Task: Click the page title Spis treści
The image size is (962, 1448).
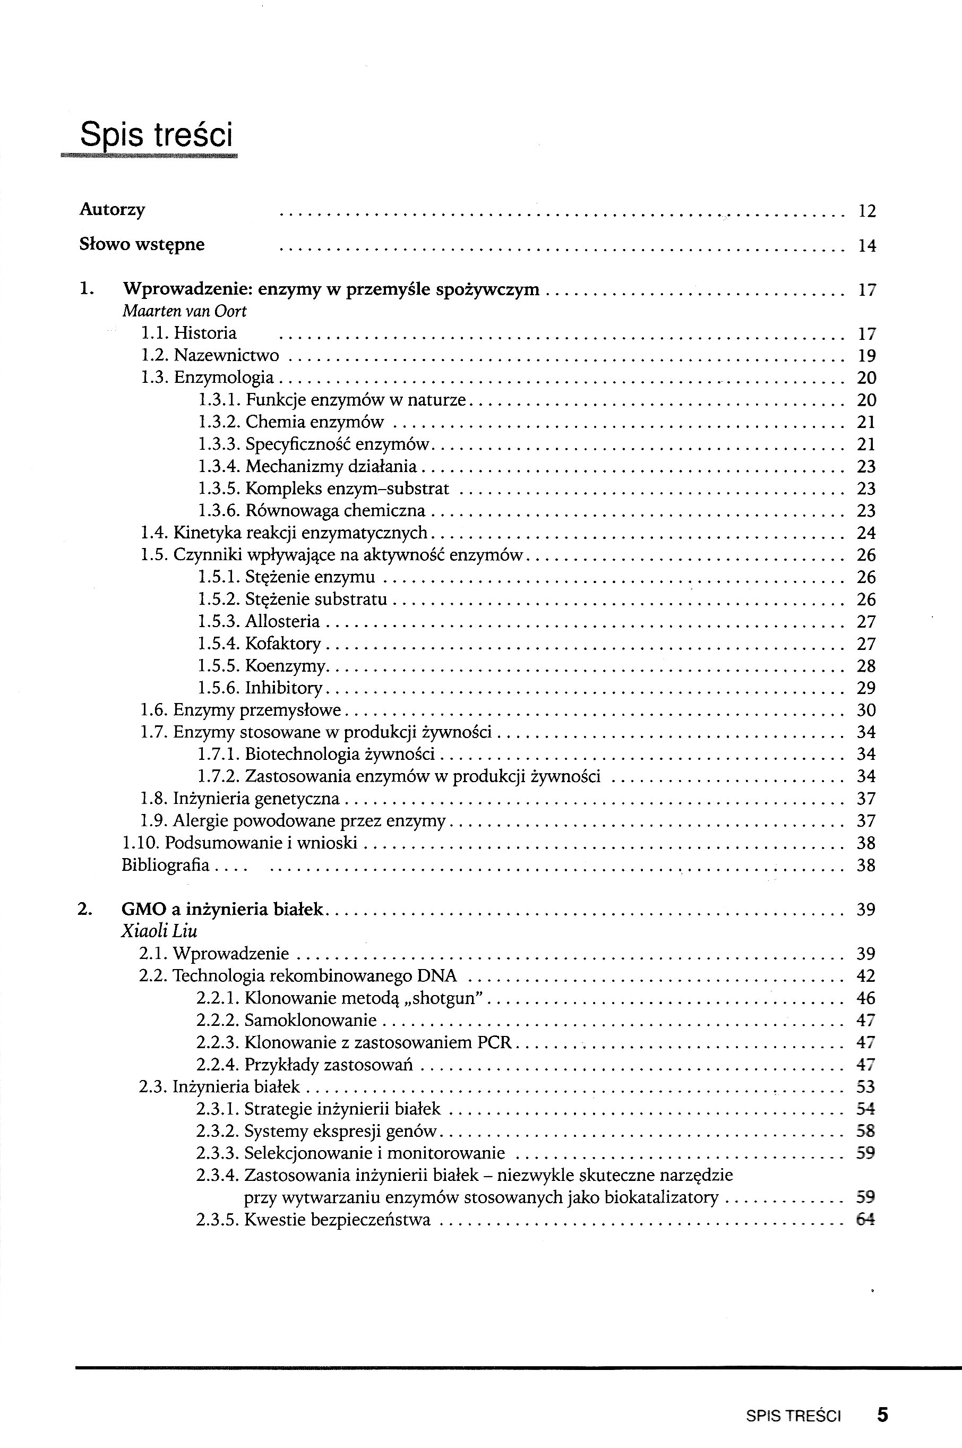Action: [x=157, y=135]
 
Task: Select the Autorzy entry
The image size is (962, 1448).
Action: [x=112, y=210]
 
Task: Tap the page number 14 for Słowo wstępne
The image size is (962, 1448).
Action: [x=866, y=246]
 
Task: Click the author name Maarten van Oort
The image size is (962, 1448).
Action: [x=184, y=312]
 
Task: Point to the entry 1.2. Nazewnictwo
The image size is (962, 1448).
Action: [x=210, y=356]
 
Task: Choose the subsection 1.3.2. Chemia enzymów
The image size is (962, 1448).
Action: [x=291, y=422]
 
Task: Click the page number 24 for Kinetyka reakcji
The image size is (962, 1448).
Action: [x=866, y=533]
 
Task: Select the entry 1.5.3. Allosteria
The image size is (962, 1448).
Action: [x=259, y=622]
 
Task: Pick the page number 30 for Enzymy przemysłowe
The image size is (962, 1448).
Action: [x=866, y=710]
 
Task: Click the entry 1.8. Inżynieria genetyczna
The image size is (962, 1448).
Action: [x=240, y=799]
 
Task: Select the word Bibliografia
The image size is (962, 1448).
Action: [x=166, y=866]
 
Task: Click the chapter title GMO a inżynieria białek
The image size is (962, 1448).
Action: [x=222, y=909]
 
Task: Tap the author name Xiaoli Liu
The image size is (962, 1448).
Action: [x=159, y=931]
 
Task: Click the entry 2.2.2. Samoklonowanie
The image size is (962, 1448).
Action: [x=287, y=1021]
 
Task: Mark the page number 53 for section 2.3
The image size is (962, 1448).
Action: [x=865, y=1086]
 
